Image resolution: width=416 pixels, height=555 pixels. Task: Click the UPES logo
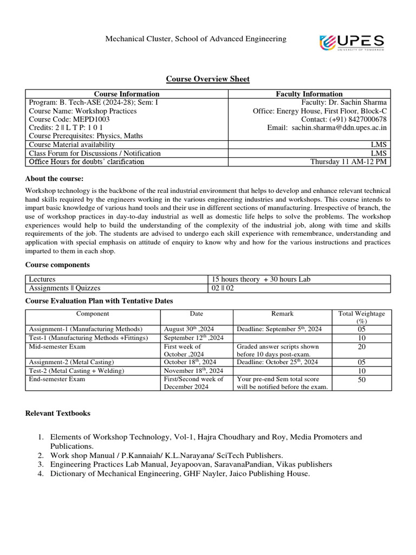[x=352, y=42]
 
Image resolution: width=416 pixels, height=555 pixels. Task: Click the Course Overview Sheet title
[x=207, y=79]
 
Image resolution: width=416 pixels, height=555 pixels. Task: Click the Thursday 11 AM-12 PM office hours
[x=349, y=162]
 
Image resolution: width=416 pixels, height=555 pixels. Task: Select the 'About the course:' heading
[x=55, y=179]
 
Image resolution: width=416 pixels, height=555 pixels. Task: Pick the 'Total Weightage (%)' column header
[x=361, y=317]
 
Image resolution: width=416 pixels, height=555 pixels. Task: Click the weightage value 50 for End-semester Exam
[x=361, y=380]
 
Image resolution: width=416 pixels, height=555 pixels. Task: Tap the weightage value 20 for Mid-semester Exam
[x=361, y=347]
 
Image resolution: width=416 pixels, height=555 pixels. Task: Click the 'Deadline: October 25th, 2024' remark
[x=277, y=362]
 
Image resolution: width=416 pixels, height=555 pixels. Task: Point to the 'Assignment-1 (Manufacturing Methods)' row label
[x=86, y=329]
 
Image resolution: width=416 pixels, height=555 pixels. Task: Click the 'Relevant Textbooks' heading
[x=58, y=414]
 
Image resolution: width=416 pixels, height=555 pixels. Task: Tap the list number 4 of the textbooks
[x=41, y=474]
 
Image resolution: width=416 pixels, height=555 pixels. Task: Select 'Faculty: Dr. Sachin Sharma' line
[x=344, y=102]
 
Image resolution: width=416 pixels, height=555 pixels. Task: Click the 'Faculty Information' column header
[x=309, y=94]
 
